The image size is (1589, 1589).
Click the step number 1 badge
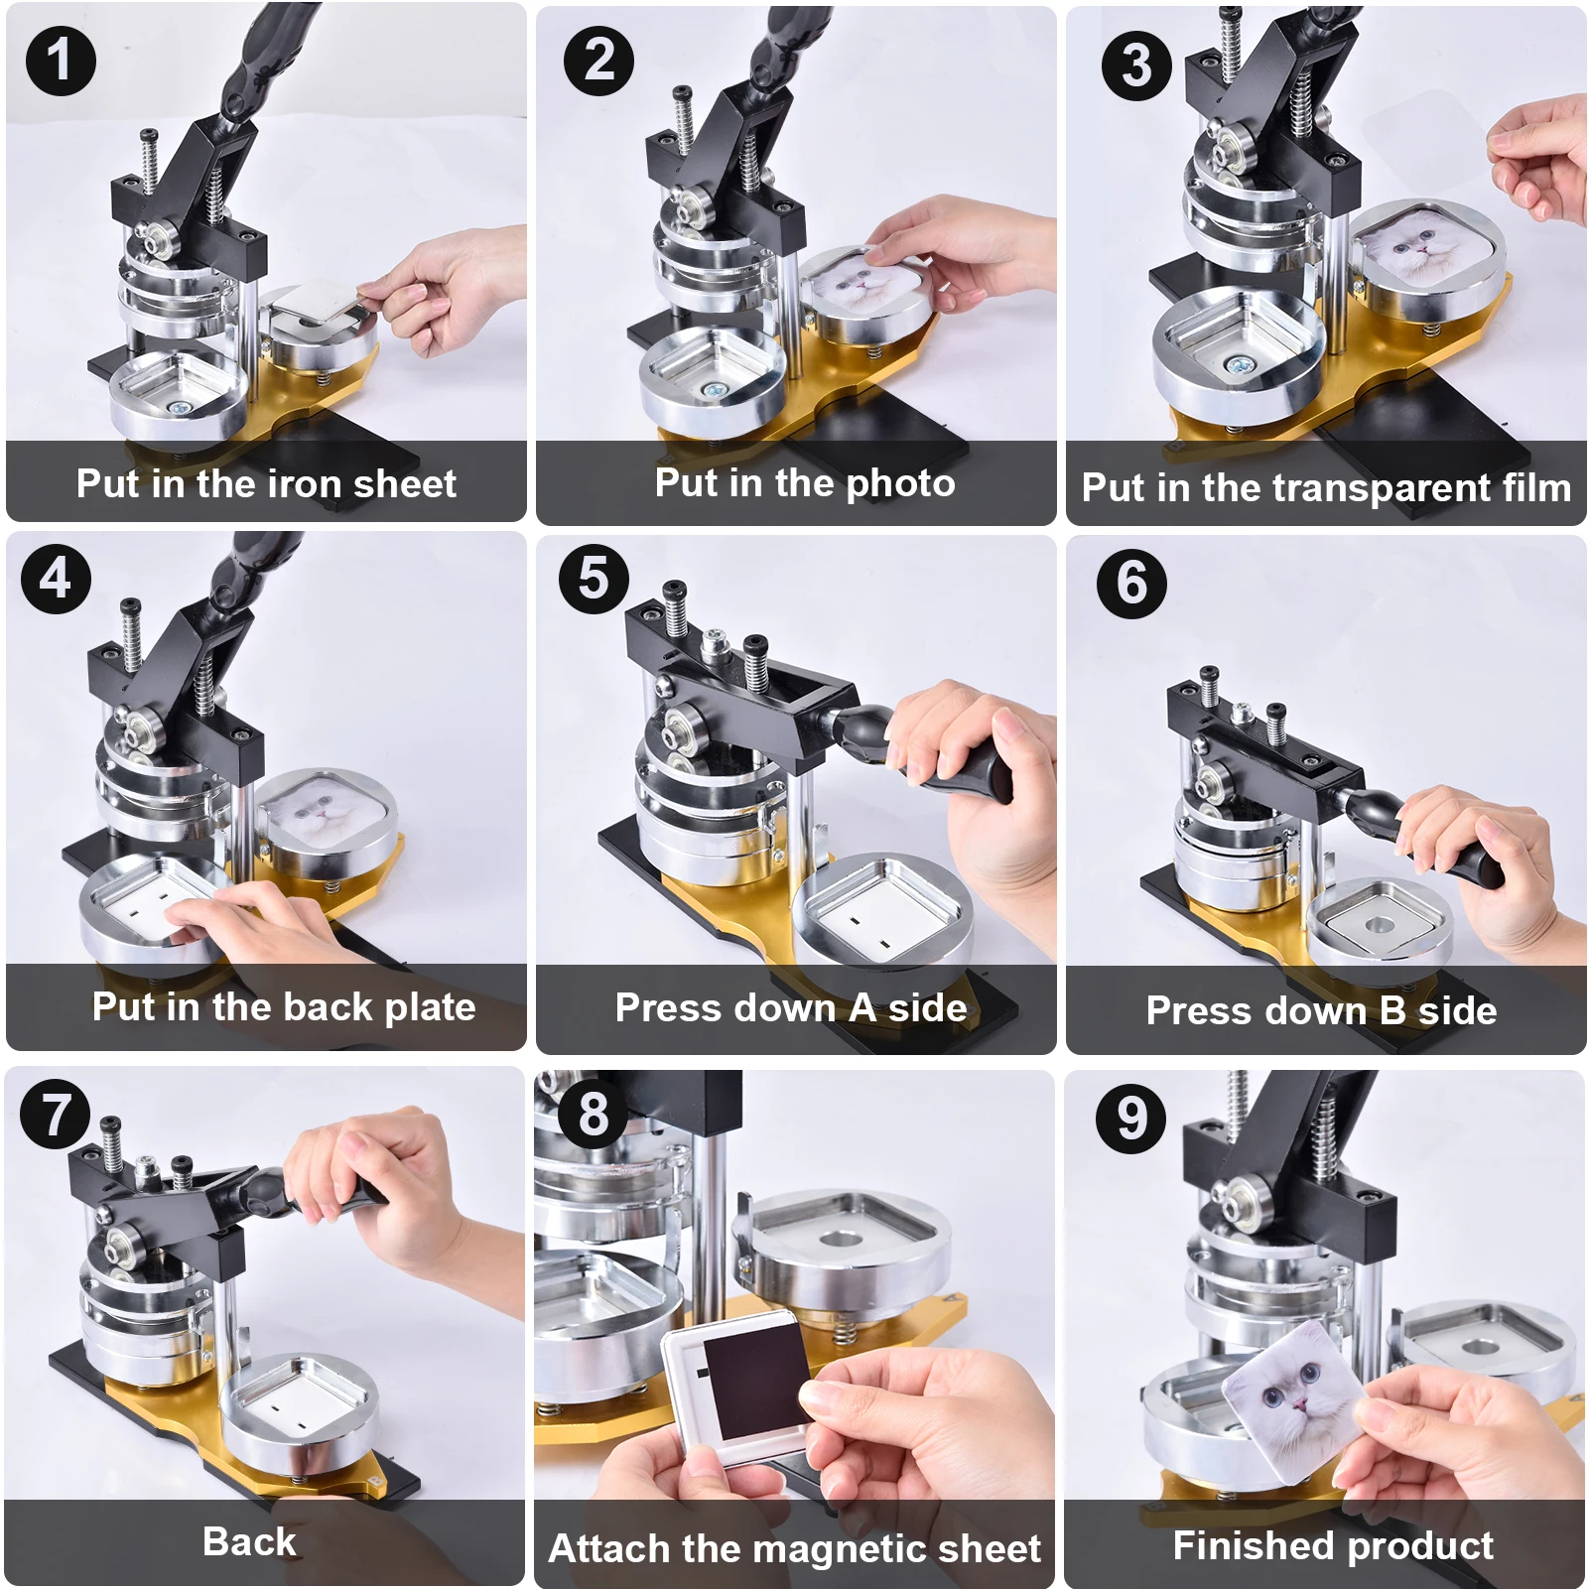pos(61,61)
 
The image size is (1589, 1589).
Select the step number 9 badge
pos(1131,1118)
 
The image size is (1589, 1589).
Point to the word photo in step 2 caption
pos(901,484)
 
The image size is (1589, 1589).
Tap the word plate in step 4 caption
pos(430,1008)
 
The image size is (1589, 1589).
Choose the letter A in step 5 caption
pos(863,1008)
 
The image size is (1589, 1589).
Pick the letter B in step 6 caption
pos(1392,1011)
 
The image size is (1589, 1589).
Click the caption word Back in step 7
pos(249,1542)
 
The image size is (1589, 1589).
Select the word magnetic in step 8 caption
pos(844,1549)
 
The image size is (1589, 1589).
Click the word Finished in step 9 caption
pos(1254,1546)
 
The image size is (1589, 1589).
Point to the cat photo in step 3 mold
pos(1414,243)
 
